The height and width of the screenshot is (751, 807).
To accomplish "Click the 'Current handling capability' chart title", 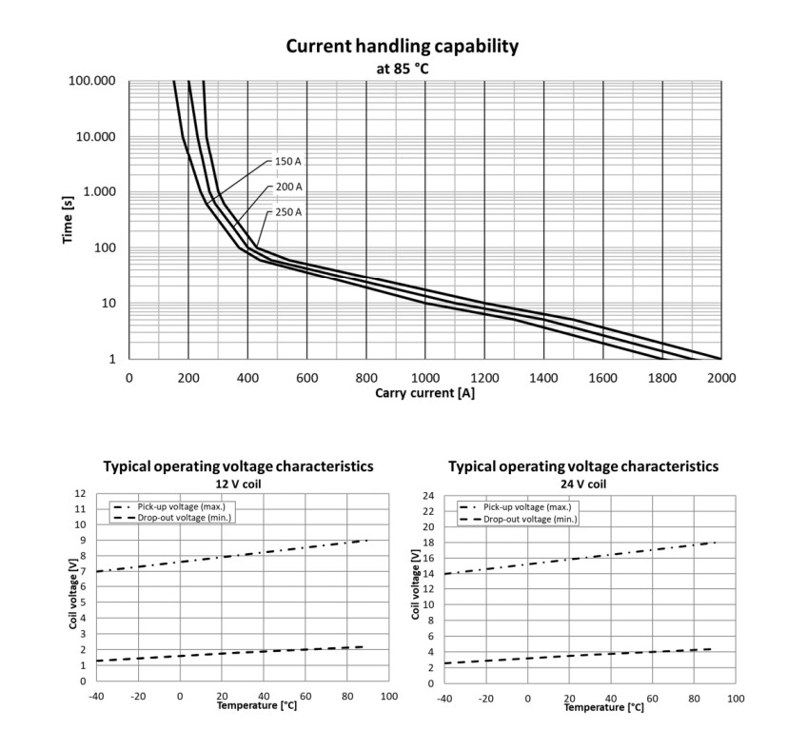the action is [402, 47].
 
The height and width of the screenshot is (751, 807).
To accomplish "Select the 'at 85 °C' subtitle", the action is [402, 69].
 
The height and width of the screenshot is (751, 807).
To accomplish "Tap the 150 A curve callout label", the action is [288, 161].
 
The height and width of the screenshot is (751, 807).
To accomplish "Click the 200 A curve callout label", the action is [288, 187].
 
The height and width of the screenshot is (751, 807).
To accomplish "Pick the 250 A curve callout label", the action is [288, 212].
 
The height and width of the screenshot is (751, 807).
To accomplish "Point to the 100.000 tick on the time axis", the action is [92, 81].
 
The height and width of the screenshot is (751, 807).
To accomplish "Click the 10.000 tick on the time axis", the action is [96, 137].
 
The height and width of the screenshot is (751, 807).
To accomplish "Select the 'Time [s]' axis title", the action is [68, 220].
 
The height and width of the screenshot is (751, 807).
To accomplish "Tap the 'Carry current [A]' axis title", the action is [424, 393].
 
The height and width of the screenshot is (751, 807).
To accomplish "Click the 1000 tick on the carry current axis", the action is [425, 378].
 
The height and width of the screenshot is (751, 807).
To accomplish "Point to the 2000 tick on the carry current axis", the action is [721, 378].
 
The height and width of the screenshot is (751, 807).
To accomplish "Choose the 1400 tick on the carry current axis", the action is [543, 378].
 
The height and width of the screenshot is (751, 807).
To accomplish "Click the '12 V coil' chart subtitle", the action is [238, 484].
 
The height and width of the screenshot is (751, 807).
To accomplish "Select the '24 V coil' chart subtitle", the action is [583, 484].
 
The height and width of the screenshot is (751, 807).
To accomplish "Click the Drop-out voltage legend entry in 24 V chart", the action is [518, 519].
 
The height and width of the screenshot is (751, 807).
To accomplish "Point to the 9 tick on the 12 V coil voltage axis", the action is [83, 540].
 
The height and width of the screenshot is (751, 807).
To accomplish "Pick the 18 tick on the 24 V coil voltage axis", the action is [428, 543].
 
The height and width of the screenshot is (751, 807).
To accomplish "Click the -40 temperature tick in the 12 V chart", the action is [96, 697].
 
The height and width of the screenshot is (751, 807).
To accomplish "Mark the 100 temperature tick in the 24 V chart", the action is [736, 699].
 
